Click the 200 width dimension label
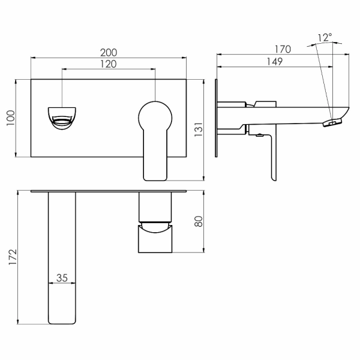[109, 53]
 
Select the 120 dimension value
[109, 64]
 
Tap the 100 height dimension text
[11, 118]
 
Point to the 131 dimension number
[199, 130]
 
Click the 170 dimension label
[283, 49]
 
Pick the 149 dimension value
[275, 62]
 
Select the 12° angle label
[325, 37]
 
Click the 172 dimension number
[13, 257]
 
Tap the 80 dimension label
[199, 221]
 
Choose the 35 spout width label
[62, 278]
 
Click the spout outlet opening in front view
[62, 121]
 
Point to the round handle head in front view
[155, 118]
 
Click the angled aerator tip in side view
[332, 122]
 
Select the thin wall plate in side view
[216, 118]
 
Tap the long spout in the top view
[62, 258]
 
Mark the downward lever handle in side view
[273, 156]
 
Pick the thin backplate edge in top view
[109, 191]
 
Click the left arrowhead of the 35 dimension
[50, 283]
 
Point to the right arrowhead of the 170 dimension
[347, 55]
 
